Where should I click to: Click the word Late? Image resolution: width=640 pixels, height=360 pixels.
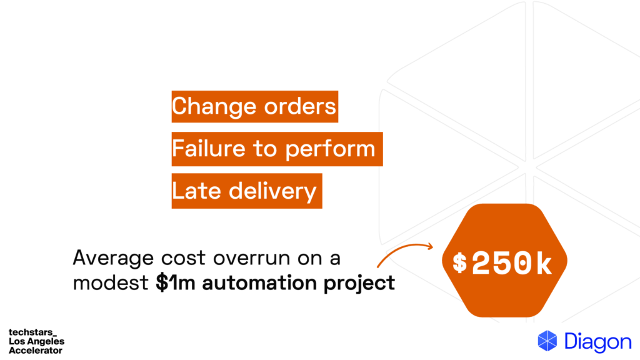(x=191, y=191)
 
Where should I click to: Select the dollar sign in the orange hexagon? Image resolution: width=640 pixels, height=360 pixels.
(x=460, y=263)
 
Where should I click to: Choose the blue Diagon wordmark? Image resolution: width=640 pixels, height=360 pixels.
(x=597, y=342)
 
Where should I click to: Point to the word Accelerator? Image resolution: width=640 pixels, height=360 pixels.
(x=35, y=351)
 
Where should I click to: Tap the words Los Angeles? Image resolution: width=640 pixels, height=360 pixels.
(x=36, y=342)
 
